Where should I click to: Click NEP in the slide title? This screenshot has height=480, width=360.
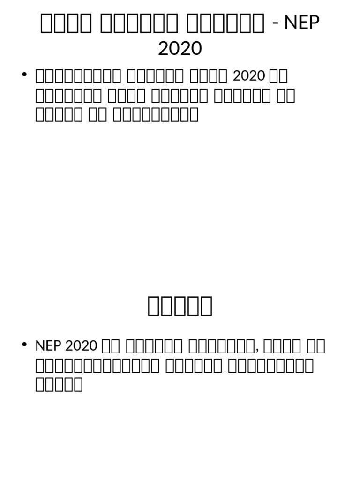[x=302, y=23]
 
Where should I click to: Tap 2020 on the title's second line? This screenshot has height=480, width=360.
[x=180, y=48]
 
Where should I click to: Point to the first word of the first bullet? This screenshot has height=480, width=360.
[x=76, y=76]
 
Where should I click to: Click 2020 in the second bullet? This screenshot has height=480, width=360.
[x=81, y=346]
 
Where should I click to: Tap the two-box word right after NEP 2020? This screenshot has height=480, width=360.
[x=111, y=346]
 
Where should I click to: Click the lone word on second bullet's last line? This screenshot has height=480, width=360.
[x=59, y=384]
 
